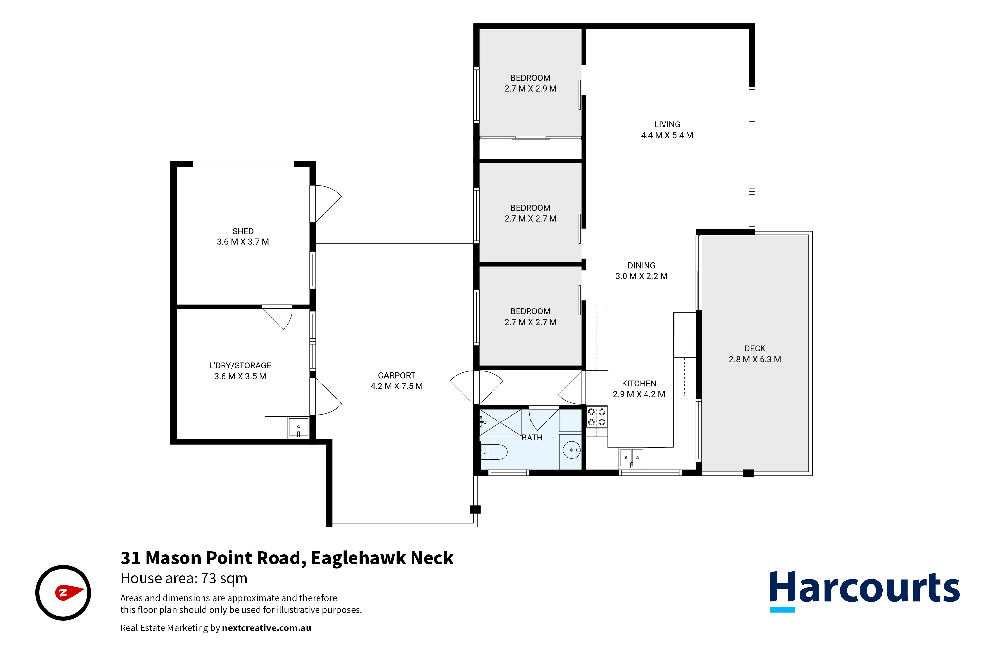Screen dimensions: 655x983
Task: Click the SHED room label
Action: coord(242,231)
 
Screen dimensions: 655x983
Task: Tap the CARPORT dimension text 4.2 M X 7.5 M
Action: coord(396,386)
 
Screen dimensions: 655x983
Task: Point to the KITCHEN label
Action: coord(639,384)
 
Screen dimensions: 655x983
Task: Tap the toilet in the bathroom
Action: coord(494,452)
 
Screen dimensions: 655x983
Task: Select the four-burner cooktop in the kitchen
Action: coord(596,417)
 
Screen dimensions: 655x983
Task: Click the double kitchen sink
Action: coord(631,458)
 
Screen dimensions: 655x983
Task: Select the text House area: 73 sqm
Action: coord(184,579)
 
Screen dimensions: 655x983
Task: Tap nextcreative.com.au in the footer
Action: coord(266,628)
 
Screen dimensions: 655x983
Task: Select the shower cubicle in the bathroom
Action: coord(500,423)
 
